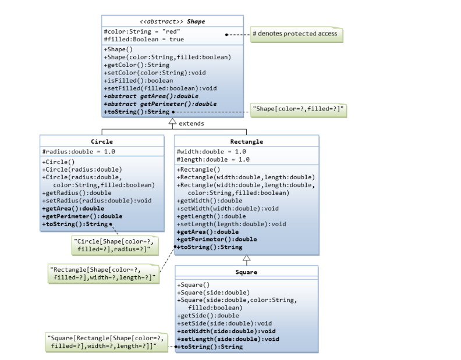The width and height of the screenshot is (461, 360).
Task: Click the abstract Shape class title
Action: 172,22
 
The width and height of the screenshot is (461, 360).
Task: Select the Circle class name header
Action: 102,141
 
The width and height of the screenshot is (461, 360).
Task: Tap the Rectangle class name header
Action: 246,141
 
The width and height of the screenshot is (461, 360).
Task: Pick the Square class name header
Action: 246,272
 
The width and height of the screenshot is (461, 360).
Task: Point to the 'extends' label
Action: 191,124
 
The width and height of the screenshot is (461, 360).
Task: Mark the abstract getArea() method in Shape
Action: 151,96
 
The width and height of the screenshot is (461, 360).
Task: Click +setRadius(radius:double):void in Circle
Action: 97,201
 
